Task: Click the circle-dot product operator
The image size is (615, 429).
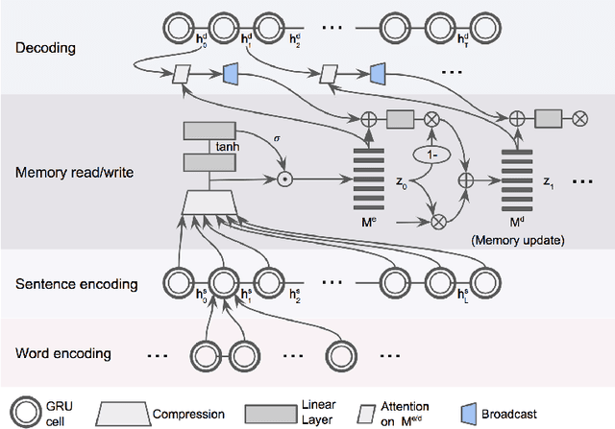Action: click(283, 179)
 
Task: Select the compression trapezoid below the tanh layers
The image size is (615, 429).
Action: click(209, 201)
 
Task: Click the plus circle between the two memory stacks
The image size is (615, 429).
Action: click(467, 179)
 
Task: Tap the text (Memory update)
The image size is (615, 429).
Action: click(517, 240)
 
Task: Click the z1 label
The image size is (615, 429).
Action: click(548, 179)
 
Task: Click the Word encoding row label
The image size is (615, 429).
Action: click(62, 353)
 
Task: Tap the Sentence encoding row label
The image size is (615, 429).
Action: click(76, 284)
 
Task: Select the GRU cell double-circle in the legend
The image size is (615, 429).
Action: click(25, 411)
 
